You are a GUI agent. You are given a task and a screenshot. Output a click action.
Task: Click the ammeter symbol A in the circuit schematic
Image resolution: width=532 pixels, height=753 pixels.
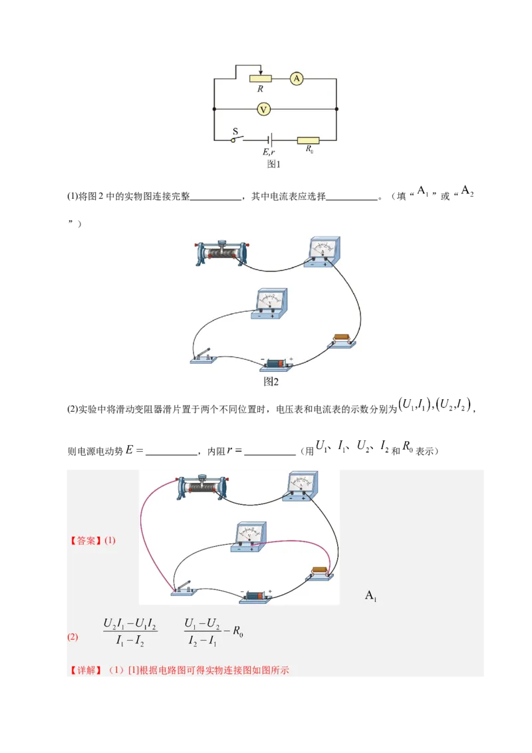pos(297,78)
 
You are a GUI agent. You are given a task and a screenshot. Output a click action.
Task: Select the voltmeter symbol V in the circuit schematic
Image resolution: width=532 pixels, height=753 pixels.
pos(263,109)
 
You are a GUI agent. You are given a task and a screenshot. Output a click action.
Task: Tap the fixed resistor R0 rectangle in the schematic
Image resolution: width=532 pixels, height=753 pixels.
pos(309,140)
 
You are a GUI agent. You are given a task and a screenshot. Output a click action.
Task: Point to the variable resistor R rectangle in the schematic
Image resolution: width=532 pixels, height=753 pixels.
pos(261,78)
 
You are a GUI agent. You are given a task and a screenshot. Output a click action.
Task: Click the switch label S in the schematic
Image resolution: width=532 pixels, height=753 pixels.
pos(235,131)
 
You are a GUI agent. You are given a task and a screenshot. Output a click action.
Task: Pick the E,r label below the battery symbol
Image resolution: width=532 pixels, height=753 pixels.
pos(269,152)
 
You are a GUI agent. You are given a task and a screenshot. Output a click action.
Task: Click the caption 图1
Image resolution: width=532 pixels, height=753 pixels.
pos(273,164)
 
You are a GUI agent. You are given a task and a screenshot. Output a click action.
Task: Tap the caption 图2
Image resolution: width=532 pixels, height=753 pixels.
pos(271,381)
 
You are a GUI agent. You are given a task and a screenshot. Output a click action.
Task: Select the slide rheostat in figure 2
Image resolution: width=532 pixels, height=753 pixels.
pos(221,253)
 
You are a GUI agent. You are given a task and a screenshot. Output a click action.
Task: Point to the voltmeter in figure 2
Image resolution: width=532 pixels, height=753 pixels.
pos(270,303)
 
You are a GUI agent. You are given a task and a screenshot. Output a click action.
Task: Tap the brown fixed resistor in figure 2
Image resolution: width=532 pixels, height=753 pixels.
pos(342,340)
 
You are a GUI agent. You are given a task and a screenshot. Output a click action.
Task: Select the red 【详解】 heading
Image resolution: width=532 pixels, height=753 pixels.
pos(86,670)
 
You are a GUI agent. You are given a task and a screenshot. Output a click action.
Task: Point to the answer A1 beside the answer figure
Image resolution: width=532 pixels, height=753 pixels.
pos(370,596)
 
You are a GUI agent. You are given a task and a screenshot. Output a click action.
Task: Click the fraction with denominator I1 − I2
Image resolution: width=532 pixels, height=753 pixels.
pos(130,632)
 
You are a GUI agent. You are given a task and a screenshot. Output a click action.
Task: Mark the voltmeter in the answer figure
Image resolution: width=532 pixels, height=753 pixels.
pos(249,536)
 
